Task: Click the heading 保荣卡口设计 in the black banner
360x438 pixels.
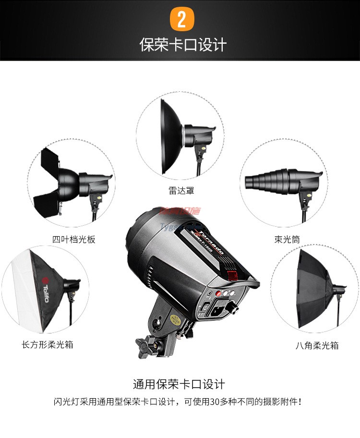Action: tap(182, 45)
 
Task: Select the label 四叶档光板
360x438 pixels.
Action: tap(74, 239)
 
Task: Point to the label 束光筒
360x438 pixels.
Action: tap(288, 239)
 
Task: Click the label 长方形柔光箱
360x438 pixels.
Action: tap(48, 344)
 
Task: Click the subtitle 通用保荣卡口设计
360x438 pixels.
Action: tap(179, 384)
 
